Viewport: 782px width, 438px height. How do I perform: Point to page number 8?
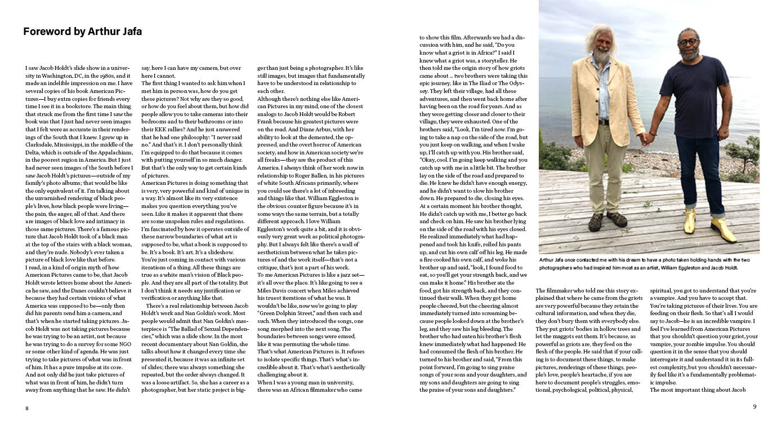coord(26,408)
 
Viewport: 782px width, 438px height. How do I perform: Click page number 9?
coord(754,406)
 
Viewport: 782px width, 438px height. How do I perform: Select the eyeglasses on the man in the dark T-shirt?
coord(689,42)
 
